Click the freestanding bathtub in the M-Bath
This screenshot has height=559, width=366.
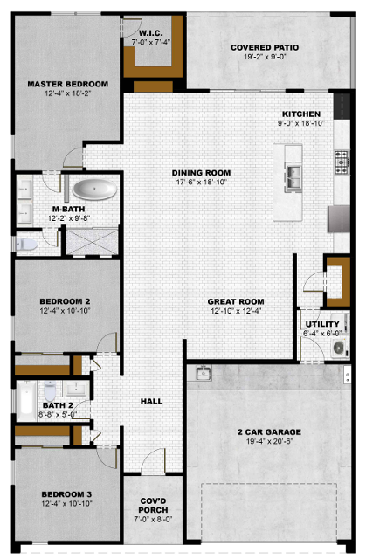94,190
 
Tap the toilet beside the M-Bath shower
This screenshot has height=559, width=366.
27,245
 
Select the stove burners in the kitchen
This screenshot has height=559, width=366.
342,162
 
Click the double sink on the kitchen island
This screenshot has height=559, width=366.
293,178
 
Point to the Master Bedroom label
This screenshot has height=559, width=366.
68,84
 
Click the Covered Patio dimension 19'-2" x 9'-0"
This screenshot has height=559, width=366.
265,57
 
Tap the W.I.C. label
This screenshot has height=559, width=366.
151,33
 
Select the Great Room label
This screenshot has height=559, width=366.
236,301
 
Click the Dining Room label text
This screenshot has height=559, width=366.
202,173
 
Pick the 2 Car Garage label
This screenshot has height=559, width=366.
269,432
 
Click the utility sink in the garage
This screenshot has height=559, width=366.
204,373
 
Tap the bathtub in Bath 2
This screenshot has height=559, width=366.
26,402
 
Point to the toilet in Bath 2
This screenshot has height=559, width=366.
50,390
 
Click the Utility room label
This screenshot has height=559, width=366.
322,324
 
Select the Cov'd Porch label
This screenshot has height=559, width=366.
153,506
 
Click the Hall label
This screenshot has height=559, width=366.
151,402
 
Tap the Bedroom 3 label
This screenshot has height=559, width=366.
66,494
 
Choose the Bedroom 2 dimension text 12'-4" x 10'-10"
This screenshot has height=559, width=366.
65,311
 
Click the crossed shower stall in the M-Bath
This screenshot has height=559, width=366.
93,242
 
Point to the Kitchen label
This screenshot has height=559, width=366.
301,114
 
